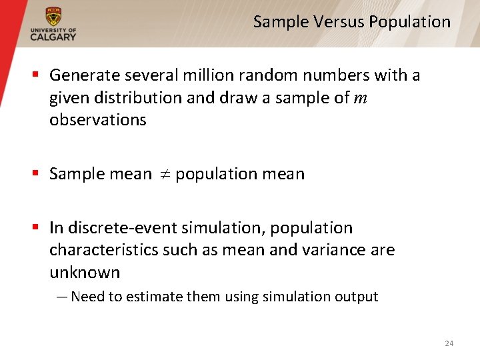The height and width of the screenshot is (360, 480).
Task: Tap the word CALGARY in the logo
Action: pos(53,37)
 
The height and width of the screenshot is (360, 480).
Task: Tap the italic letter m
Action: pos(360,99)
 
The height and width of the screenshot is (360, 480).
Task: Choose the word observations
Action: pos(97,120)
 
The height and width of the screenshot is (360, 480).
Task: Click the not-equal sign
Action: pos(163,175)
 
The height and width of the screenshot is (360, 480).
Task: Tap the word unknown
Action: pos(85,273)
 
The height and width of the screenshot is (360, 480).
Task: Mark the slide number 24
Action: pos(449,343)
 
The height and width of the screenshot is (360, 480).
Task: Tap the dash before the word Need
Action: pos(62,297)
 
